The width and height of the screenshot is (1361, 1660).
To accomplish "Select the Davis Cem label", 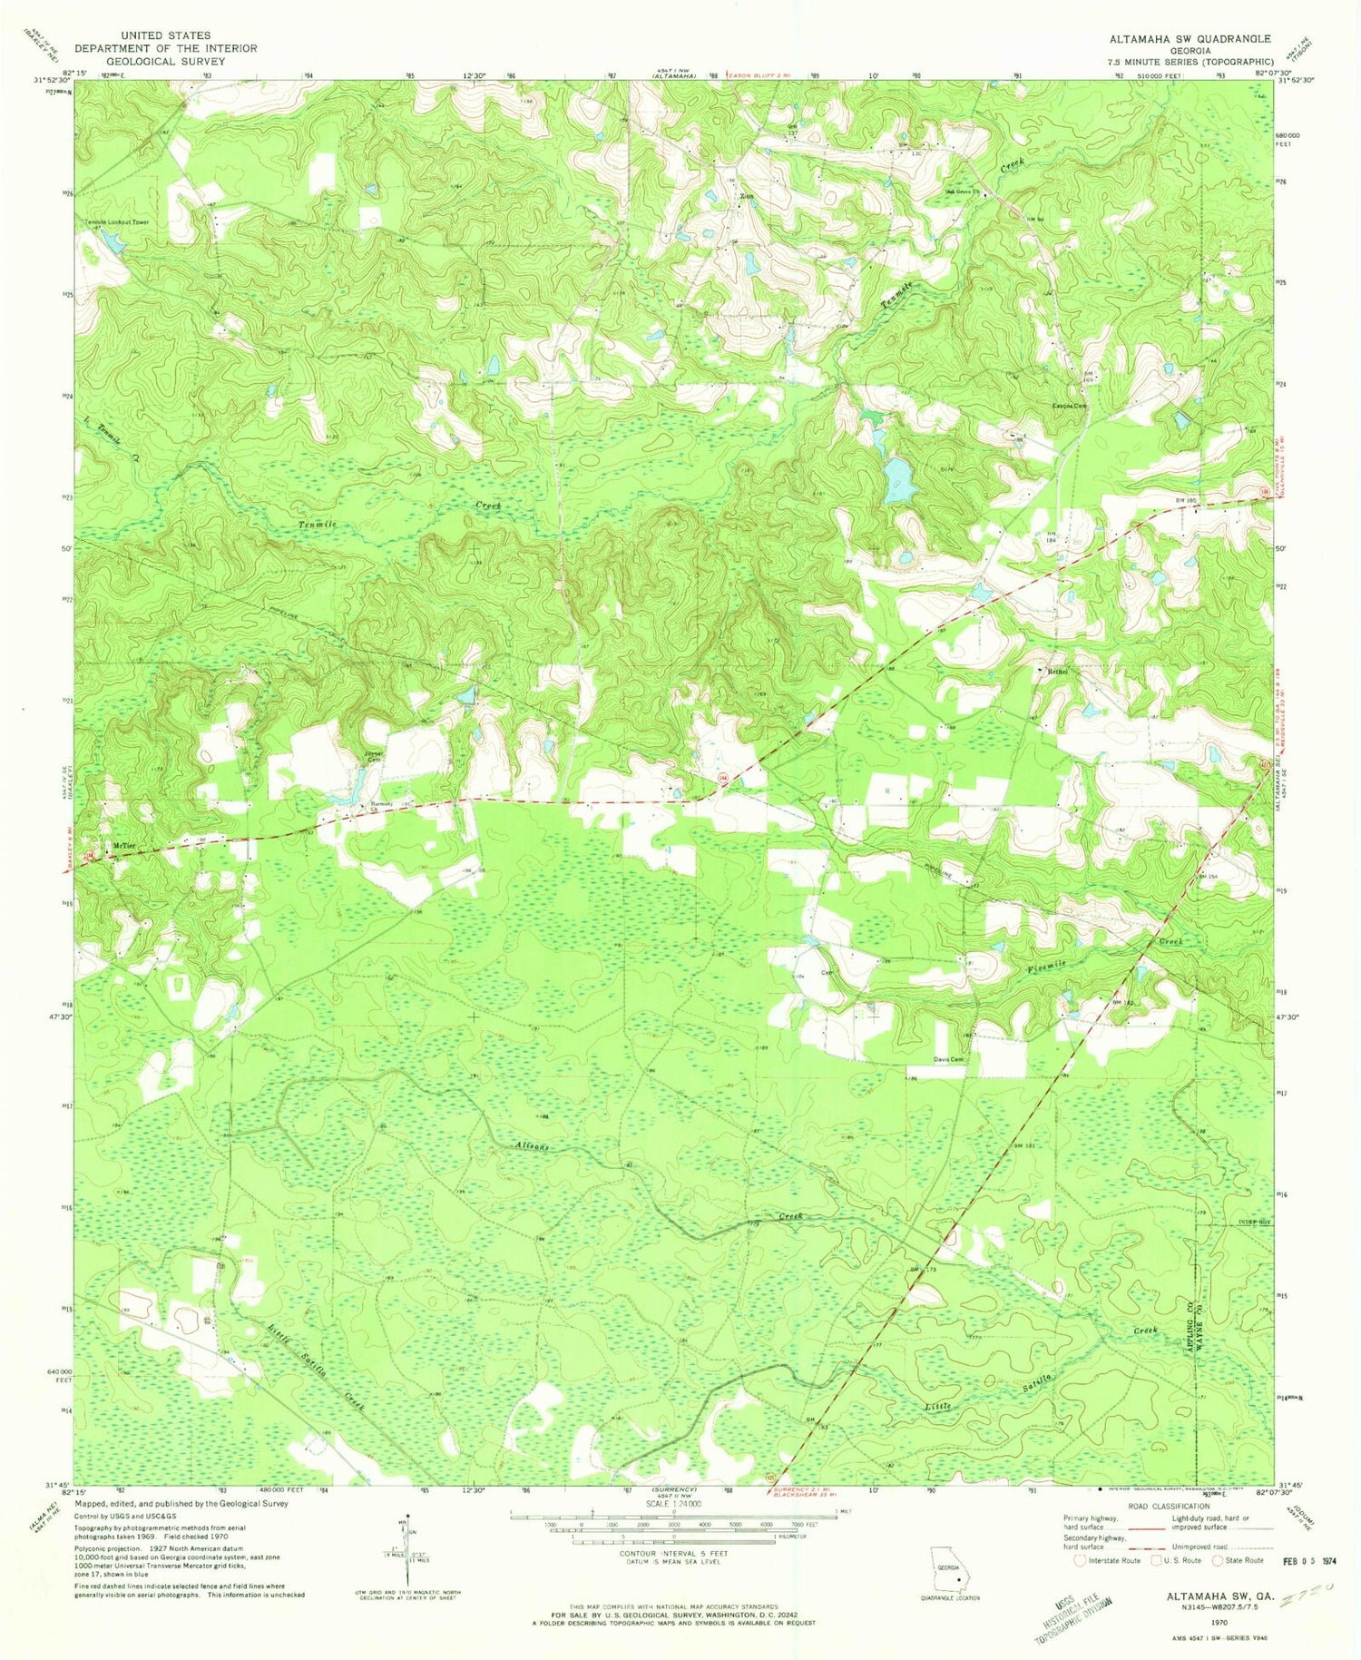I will pos(948,1059).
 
